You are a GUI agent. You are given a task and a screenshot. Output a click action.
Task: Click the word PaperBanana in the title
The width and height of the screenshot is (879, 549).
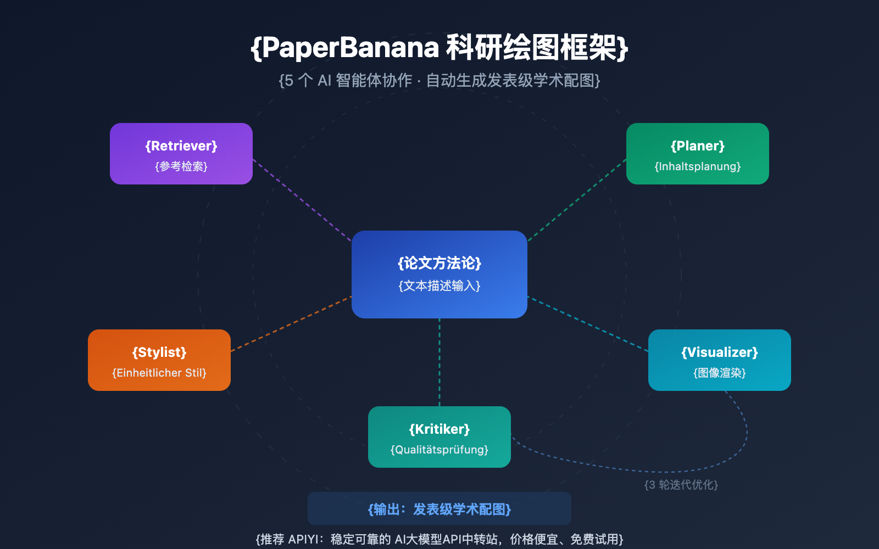(x=351, y=48)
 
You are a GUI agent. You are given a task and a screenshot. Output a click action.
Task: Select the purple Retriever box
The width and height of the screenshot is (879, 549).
(x=181, y=154)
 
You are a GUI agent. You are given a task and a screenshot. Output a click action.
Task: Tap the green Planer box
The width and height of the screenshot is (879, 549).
(x=698, y=154)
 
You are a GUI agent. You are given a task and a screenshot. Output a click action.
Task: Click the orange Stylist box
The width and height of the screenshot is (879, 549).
(x=159, y=360)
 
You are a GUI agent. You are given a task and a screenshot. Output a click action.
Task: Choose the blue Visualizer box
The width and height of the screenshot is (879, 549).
(x=720, y=360)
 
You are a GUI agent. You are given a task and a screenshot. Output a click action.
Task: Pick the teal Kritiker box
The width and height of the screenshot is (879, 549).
(x=439, y=437)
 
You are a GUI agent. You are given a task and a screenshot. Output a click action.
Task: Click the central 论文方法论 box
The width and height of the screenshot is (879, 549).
(x=439, y=274)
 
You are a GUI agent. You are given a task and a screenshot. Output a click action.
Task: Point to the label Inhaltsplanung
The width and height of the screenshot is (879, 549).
(x=698, y=166)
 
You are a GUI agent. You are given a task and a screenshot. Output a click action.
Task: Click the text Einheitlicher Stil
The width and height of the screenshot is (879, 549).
(x=159, y=373)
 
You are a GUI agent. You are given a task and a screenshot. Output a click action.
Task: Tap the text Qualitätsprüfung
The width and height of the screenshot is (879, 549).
(x=439, y=450)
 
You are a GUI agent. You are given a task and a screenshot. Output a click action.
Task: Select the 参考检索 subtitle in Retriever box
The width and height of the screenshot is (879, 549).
(x=181, y=166)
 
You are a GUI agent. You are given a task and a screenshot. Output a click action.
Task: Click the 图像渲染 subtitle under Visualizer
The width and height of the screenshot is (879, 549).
(x=720, y=373)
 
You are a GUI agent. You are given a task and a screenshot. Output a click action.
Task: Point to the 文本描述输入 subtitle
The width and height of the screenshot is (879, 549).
(x=439, y=286)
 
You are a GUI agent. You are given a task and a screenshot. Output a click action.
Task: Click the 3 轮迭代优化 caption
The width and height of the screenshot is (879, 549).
(x=681, y=485)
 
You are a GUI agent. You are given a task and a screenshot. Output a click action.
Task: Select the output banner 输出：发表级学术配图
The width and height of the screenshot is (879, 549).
(x=439, y=509)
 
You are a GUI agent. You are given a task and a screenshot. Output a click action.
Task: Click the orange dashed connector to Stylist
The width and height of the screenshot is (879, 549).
(x=291, y=324)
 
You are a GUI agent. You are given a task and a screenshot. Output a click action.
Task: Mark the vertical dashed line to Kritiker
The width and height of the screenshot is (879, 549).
(x=439, y=362)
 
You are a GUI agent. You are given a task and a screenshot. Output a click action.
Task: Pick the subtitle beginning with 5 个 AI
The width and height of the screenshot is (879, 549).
(x=439, y=81)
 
